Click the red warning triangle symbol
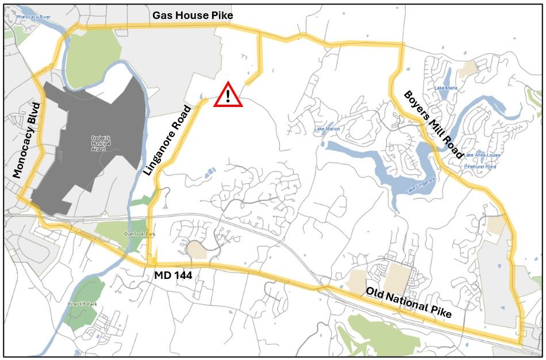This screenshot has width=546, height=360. pyautogui.click(x=228, y=95)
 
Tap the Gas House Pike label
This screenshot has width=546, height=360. pyautogui.click(x=193, y=16)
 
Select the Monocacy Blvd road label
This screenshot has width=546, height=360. pyautogui.click(x=26, y=140)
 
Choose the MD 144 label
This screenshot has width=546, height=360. pyautogui.click(x=173, y=276)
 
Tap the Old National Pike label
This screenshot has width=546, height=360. pyautogui.click(x=409, y=302)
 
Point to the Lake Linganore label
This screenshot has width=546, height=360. pyautogui.click(x=420, y=183)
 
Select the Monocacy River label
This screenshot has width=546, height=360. pyautogui.click(x=34, y=17)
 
